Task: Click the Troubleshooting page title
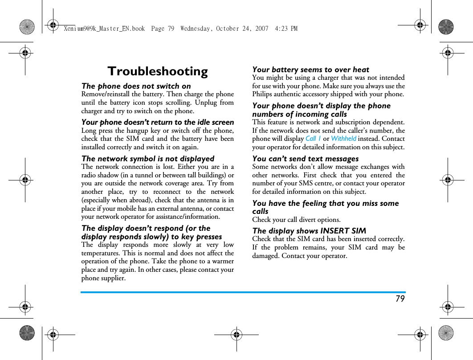click(158, 71)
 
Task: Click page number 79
click(400, 299)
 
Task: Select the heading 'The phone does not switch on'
click(136, 86)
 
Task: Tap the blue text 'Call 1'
click(313, 139)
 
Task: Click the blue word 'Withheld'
click(343, 139)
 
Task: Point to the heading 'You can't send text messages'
click(305, 159)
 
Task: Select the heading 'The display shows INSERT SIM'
click(309, 231)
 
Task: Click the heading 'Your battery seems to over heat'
click(310, 70)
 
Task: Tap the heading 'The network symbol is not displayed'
click(147, 159)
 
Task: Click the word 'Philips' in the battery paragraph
click(262, 94)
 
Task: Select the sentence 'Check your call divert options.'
click(296, 220)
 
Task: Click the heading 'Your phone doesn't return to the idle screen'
click(157, 122)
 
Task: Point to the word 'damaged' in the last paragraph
click(265, 256)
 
